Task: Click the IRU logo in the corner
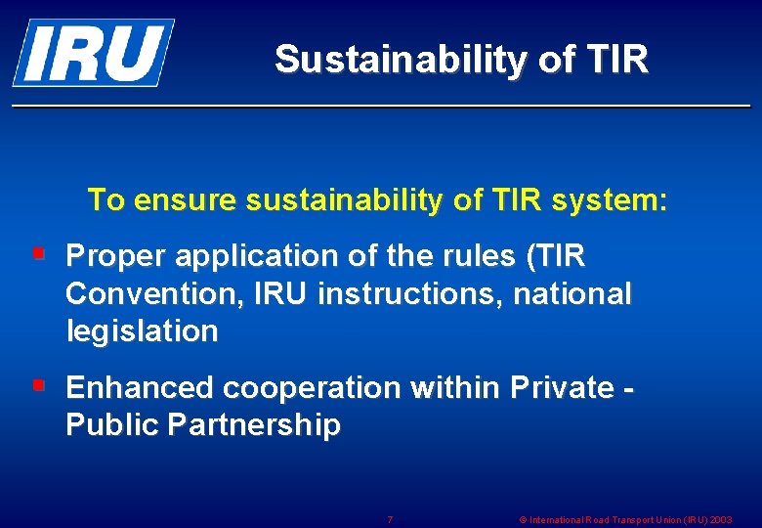(93, 52)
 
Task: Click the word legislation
(143, 330)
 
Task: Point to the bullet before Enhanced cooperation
(39, 386)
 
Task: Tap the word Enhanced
(140, 388)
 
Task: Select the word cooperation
(312, 388)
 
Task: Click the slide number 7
(390, 519)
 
